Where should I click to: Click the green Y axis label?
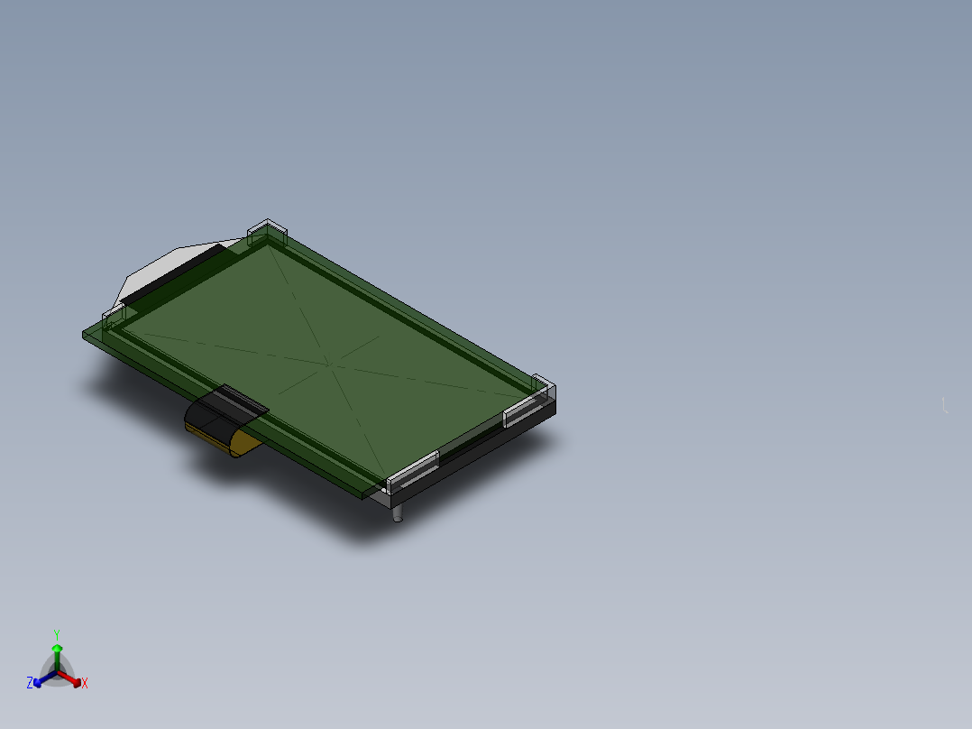click(57, 634)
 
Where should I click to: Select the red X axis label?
click(85, 683)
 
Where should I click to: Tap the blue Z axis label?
click(30, 683)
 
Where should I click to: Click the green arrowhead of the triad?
click(57, 649)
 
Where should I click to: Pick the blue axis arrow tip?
click(37, 683)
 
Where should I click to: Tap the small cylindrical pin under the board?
click(398, 513)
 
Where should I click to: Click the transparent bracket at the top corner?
click(267, 231)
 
